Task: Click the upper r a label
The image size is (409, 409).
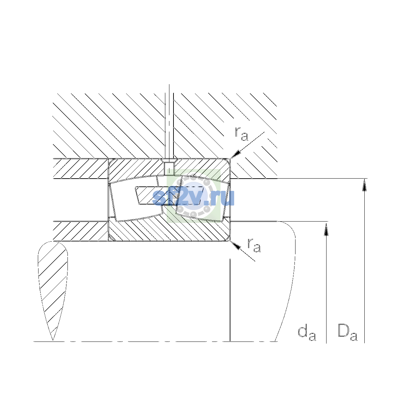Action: pos(241,134)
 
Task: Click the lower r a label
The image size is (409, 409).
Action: pos(254,245)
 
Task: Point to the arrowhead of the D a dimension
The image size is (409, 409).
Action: pos(364,185)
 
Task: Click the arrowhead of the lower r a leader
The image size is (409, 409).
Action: pos(236,245)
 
